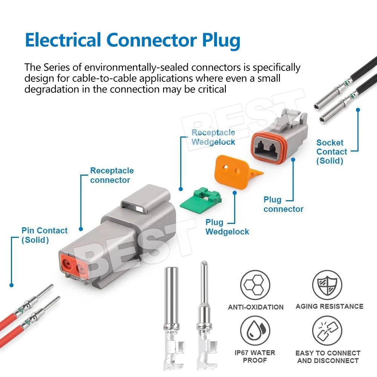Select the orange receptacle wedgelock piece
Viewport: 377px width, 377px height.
[236, 172]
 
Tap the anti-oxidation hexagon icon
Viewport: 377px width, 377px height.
[255, 285]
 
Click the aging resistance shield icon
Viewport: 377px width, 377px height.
[327, 285]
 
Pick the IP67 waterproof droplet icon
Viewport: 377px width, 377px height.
[255, 331]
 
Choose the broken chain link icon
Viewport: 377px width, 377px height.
[327, 331]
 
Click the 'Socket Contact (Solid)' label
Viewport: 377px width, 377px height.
[331, 152]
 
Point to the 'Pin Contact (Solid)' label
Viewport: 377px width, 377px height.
[44, 235]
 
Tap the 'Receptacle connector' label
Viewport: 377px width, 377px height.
[112, 175]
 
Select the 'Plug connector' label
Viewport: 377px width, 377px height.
[283, 204]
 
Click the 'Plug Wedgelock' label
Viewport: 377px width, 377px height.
[227, 227]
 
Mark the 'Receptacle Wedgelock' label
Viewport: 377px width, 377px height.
[213, 137]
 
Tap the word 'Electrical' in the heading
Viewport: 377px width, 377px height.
[63, 40]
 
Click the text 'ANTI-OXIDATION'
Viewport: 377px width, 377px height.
[256, 307]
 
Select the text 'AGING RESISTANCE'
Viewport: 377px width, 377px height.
[329, 306]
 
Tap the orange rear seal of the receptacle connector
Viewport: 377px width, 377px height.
[74, 267]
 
